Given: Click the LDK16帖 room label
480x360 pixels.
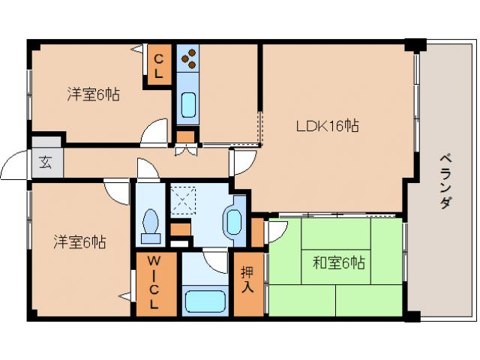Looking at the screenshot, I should (325, 127).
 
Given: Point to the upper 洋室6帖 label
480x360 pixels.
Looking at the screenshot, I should (94, 94).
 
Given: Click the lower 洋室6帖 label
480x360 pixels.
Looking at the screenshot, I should (79, 242).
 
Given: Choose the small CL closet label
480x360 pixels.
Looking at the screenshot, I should (160, 66).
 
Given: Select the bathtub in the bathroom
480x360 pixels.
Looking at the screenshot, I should (203, 301).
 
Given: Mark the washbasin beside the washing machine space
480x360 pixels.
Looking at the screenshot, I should (234, 222).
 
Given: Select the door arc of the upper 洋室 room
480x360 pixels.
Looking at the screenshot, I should (155, 130).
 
